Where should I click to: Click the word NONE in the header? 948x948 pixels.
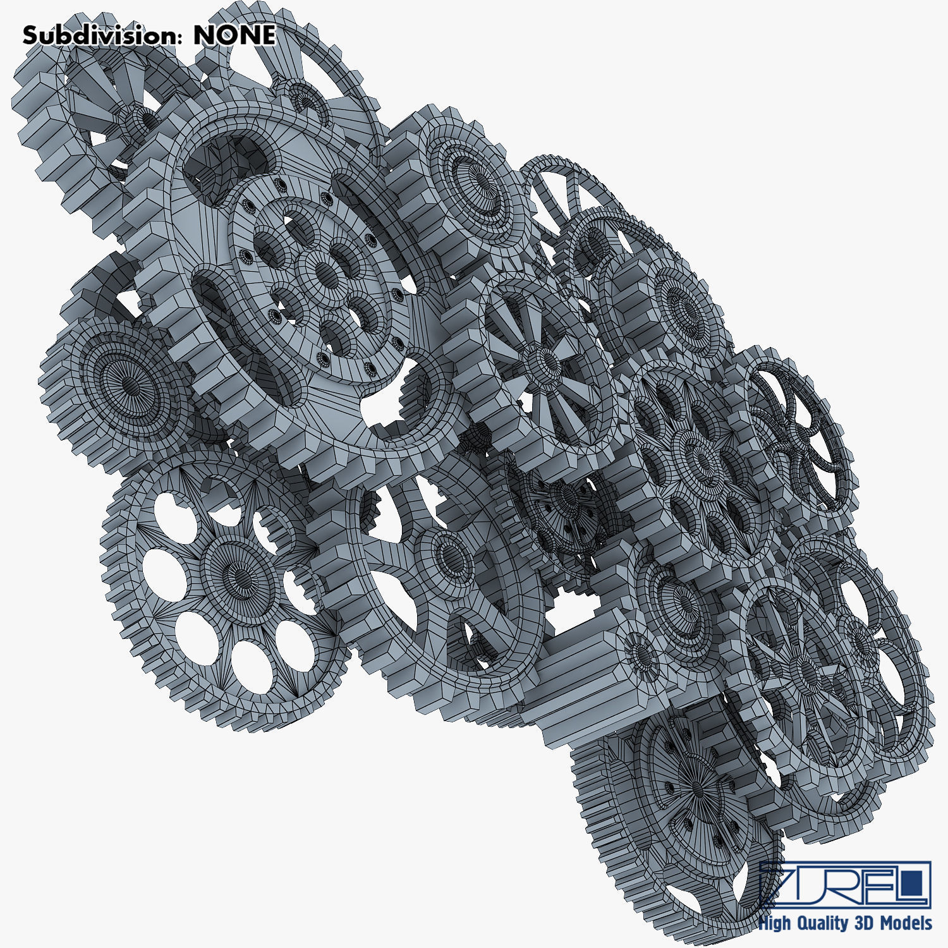click(234, 35)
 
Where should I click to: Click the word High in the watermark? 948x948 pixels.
click(774, 923)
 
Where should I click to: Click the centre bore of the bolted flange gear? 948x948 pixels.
click(326, 273)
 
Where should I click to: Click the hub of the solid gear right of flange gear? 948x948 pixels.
click(480, 180)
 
